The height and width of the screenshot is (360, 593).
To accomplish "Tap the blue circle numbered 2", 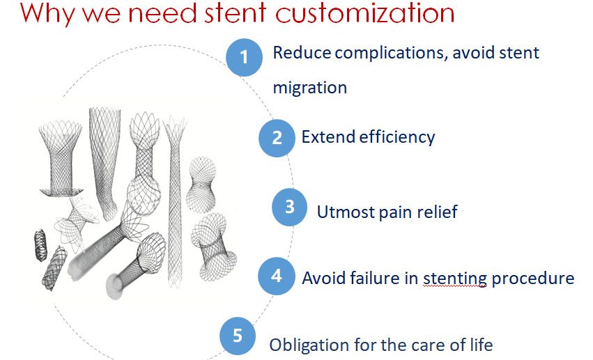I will click(x=277, y=136).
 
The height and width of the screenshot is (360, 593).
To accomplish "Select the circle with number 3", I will click(x=290, y=208).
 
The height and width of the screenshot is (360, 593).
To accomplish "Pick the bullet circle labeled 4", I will click(x=277, y=276).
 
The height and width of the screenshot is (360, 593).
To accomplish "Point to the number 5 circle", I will click(x=238, y=336).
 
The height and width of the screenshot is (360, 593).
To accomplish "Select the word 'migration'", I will click(x=309, y=88).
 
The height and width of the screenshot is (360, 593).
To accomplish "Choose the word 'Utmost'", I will click(x=346, y=211).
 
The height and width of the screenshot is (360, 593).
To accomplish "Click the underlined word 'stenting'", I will click(x=454, y=278).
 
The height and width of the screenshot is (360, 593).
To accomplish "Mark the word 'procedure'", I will click(x=533, y=278).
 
